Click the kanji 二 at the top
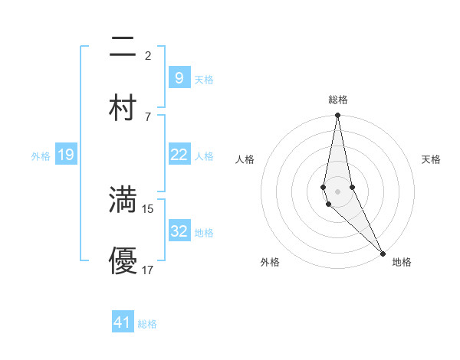(x=123, y=47)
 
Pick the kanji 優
(x=123, y=260)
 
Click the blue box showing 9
(x=179, y=77)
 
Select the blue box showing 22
(x=179, y=155)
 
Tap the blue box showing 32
(x=179, y=231)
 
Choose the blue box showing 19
(x=65, y=155)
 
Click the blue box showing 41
(x=123, y=322)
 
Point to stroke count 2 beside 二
(x=148, y=56)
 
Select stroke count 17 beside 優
(x=148, y=270)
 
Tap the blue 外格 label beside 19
(x=41, y=156)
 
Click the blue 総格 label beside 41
(x=147, y=324)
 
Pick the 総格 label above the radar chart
(x=337, y=100)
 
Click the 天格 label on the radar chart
(x=431, y=159)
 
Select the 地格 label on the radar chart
(x=402, y=262)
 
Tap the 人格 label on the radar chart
(x=245, y=159)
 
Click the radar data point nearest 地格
(x=383, y=253)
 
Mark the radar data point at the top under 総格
(x=337, y=116)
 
